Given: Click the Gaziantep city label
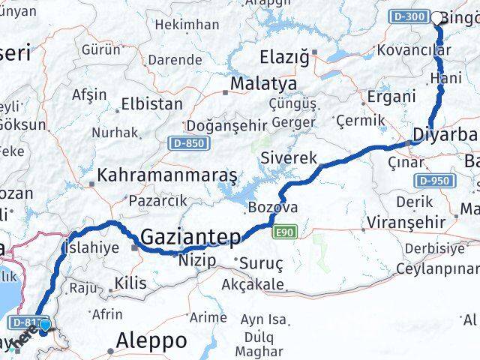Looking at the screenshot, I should [191, 238].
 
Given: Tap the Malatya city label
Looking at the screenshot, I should [253, 82].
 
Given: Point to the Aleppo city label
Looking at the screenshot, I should [152, 341].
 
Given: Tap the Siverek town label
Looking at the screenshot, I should [289, 157].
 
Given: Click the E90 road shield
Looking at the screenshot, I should [285, 232].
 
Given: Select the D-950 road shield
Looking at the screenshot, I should [433, 181].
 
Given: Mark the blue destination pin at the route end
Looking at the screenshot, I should [45, 325].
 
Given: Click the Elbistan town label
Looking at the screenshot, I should [152, 103].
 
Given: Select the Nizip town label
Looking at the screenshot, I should [197, 260].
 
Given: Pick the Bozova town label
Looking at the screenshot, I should [273, 207].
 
